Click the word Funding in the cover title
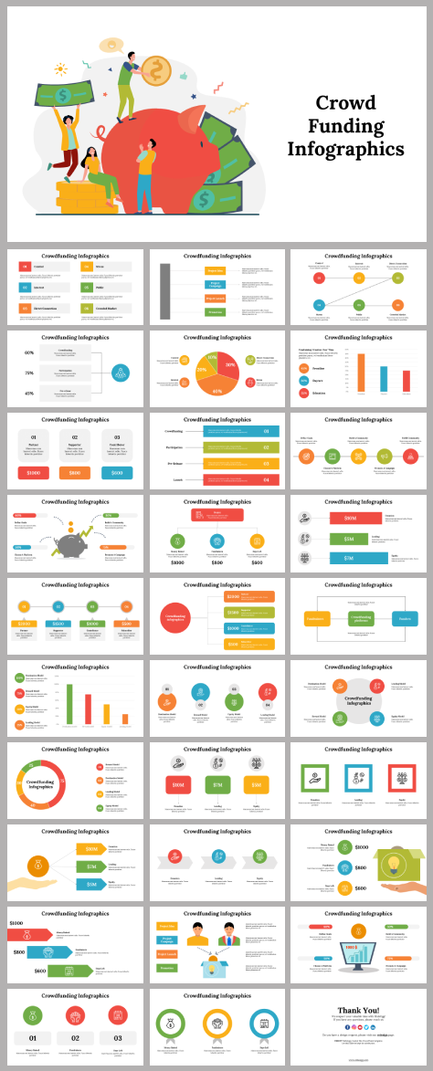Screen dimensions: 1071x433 click(345, 125)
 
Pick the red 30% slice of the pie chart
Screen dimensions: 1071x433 click(229, 365)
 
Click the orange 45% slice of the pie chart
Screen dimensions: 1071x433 click(217, 389)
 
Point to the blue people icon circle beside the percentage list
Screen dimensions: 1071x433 click(121, 373)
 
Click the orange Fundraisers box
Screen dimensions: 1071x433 click(316, 618)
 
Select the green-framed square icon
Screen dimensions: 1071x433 click(314, 778)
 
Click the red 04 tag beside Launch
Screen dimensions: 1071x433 click(266, 478)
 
